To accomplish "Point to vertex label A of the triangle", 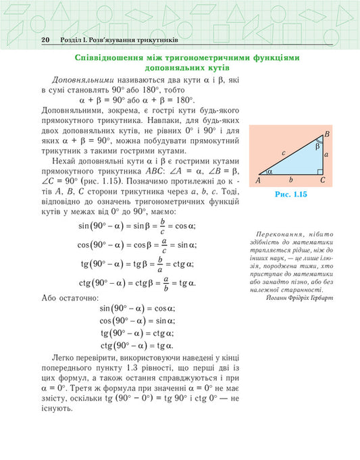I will click(259, 180).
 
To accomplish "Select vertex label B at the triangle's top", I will click(327, 135).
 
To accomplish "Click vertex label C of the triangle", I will click(323, 180).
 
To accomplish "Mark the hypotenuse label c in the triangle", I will click(284, 153).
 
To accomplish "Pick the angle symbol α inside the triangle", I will click(270, 172).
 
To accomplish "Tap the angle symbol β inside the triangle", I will click(318, 145).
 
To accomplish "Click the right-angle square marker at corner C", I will click(320, 172).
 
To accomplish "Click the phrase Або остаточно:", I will click(70, 297).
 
